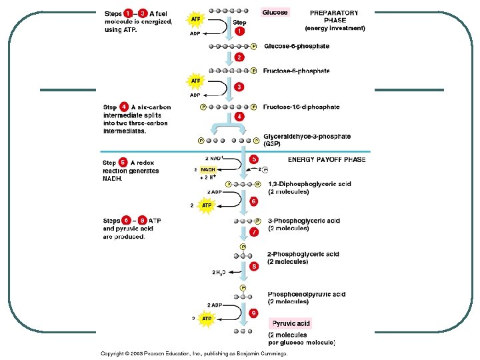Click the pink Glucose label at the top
[275, 12]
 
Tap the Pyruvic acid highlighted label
[291, 323]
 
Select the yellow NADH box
[208, 170]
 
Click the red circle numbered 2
[239, 57]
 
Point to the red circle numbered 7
[254, 231]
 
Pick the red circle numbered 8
[254, 267]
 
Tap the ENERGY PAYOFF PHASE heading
[327, 160]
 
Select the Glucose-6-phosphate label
[296, 46]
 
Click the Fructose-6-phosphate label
[297, 70]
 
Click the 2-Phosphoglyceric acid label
[303, 254]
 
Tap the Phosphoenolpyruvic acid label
[306, 294]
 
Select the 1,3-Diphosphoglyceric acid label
[309, 184]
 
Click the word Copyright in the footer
[115, 354]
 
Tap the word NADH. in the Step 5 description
[113, 179]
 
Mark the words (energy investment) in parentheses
[335, 28]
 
